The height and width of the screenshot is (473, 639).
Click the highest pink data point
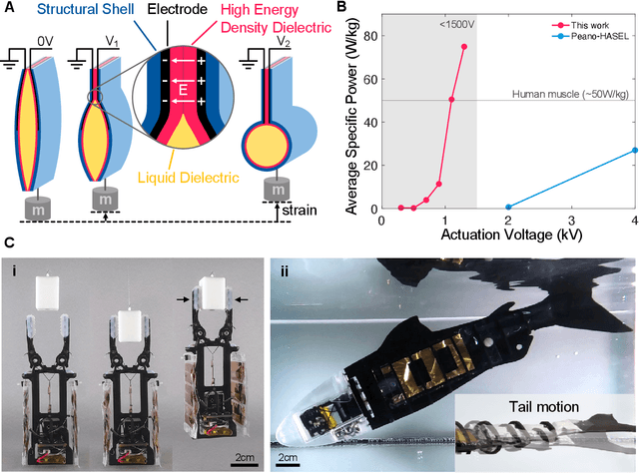tap(464, 47)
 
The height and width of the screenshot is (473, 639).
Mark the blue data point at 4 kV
tap(635, 151)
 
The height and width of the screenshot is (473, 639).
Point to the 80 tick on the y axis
tap(366, 37)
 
